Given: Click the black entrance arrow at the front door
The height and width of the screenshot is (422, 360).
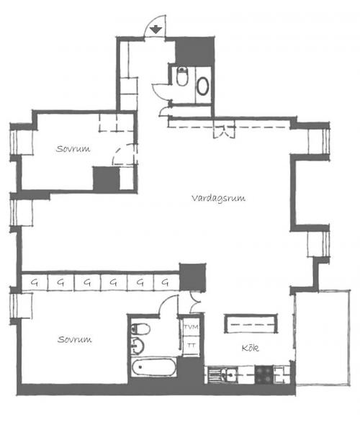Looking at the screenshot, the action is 156,30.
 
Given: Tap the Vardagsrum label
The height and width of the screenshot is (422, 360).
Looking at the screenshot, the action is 218,198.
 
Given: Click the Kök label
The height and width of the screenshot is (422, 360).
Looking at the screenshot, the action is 251,348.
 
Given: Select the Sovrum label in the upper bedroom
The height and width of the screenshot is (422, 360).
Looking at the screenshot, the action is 73,149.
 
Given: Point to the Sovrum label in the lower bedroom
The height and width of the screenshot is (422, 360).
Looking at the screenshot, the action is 75,339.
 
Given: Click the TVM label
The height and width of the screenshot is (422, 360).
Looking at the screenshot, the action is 191,327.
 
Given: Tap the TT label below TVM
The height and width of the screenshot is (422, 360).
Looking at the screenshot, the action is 191,345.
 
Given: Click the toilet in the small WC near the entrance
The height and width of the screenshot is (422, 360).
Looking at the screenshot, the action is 182,76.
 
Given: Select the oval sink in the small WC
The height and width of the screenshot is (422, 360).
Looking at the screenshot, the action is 202,86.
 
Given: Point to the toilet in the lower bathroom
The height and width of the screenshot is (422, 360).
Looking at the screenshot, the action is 140,329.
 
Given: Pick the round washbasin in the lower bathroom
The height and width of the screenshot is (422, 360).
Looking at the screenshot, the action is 138,346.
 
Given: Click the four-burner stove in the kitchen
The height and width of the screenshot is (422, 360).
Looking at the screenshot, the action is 264,374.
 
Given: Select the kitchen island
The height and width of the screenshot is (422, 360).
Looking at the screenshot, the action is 251,324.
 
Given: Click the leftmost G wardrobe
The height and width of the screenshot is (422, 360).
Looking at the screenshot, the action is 35,282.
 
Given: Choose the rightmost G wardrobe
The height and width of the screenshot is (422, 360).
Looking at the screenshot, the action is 166,282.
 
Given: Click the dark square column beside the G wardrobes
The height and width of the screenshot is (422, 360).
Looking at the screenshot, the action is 193,277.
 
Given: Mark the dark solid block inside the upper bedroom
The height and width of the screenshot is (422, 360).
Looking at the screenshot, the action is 106,179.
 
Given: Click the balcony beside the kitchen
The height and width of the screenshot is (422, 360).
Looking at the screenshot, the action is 323,338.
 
